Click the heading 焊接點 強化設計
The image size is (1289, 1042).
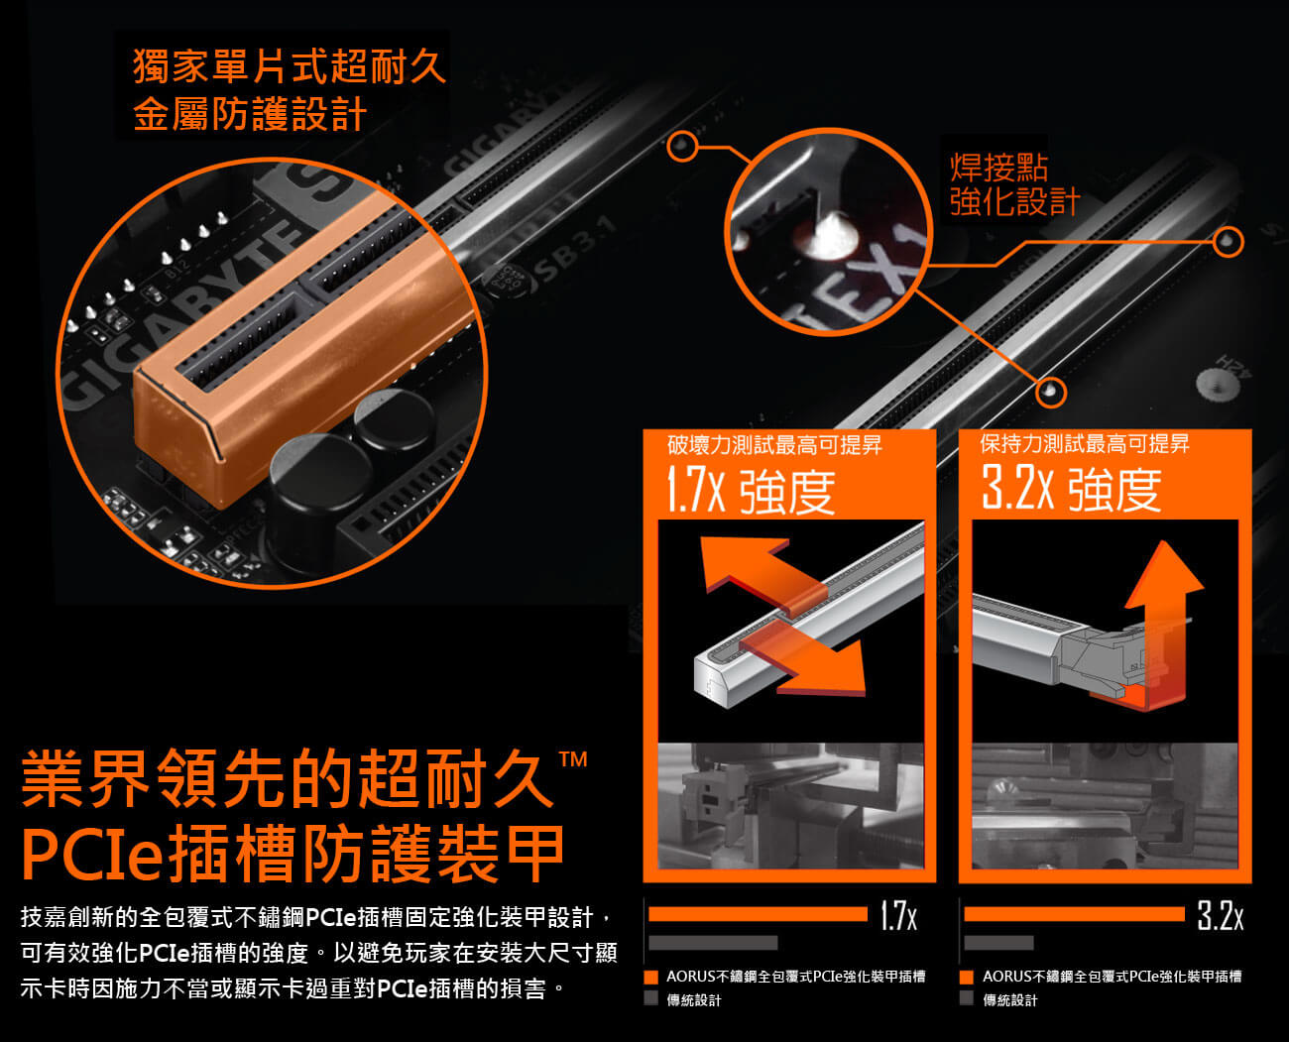(x=1015, y=184)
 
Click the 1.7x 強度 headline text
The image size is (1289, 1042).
(x=751, y=491)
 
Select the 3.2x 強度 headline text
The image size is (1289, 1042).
(x=1071, y=489)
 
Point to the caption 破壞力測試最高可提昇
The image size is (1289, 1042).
(x=774, y=445)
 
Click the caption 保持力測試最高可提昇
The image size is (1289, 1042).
(x=1085, y=443)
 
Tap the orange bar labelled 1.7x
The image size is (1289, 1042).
(x=758, y=914)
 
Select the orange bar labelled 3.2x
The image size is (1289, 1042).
(x=1074, y=914)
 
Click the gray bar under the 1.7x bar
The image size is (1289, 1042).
(x=713, y=943)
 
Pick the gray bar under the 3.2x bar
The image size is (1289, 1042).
(x=998, y=943)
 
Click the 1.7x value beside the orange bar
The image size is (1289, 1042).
(x=899, y=915)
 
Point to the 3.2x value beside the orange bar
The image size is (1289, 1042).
(x=1220, y=915)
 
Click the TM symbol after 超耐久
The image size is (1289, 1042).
(x=572, y=759)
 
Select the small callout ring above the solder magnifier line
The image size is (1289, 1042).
(x=682, y=146)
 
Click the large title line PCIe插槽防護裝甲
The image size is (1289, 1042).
(x=293, y=854)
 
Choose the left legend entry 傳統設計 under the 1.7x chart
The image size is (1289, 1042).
(x=694, y=1000)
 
